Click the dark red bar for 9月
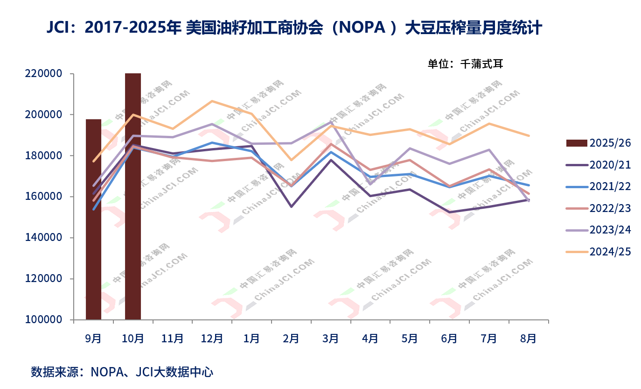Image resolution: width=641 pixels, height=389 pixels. (x=93, y=219)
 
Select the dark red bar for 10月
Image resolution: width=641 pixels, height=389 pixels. (x=133, y=196)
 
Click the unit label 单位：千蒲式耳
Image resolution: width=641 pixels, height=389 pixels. (x=465, y=64)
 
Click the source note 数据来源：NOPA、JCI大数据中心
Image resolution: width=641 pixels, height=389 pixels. (x=122, y=372)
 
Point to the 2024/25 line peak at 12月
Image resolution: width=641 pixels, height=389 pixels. (x=212, y=101)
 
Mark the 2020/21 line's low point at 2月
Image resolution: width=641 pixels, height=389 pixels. (x=291, y=206)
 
